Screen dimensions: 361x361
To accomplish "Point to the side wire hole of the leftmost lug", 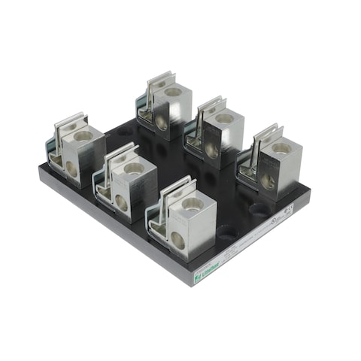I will (x=71, y=168).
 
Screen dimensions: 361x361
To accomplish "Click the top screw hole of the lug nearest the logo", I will (x=190, y=202).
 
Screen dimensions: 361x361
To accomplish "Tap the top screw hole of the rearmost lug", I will (x=174, y=92).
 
